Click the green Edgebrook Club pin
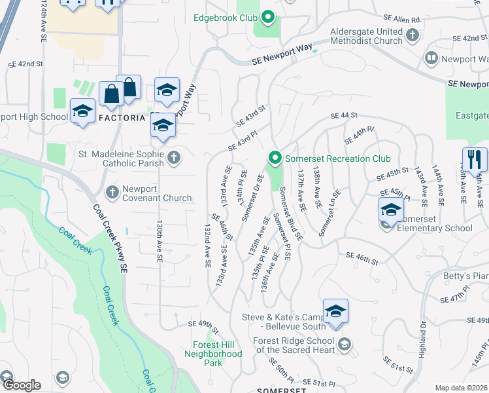point(267,16)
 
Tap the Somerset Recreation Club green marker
point(275,159)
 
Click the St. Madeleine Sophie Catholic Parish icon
point(173,156)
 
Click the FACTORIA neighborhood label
point(124,117)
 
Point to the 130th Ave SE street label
point(159,241)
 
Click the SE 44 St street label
point(345,115)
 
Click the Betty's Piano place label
point(465,276)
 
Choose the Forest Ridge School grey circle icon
point(345,344)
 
